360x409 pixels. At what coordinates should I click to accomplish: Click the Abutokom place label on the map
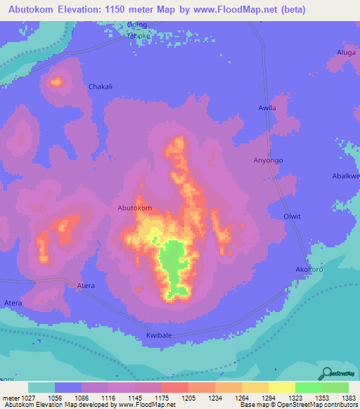(x=134, y=208)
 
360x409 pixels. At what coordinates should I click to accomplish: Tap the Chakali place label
(x=101, y=87)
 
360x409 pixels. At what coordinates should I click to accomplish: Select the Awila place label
(x=267, y=108)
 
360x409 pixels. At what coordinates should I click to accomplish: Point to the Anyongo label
(x=268, y=160)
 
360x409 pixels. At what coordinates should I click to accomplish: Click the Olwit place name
(x=291, y=216)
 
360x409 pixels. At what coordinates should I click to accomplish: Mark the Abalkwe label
(x=346, y=176)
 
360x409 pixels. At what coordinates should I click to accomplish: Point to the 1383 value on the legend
(x=349, y=398)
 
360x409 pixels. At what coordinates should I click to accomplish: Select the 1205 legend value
(x=188, y=398)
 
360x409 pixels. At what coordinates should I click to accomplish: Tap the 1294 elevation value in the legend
(x=268, y=398)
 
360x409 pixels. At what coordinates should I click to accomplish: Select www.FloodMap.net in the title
(x=231, y=9)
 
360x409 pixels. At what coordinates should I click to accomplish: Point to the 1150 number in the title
(x=125, y=9)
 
